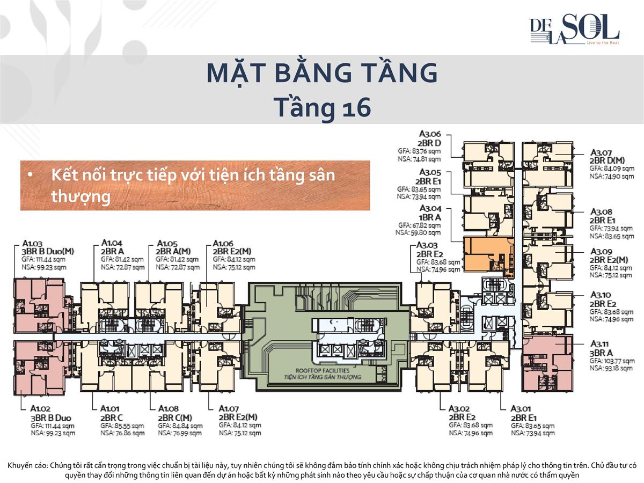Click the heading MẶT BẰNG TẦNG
(322, 74)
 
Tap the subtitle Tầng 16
(322, 107)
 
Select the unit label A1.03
(33, 243)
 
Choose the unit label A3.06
(430, 134)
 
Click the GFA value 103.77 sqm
(611, 361)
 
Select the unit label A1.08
(169, 409)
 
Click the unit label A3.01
(521, 409)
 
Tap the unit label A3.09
(601, 251)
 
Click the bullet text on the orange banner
(193, 185)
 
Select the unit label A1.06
(224, 243)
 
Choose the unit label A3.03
(428, 245)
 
